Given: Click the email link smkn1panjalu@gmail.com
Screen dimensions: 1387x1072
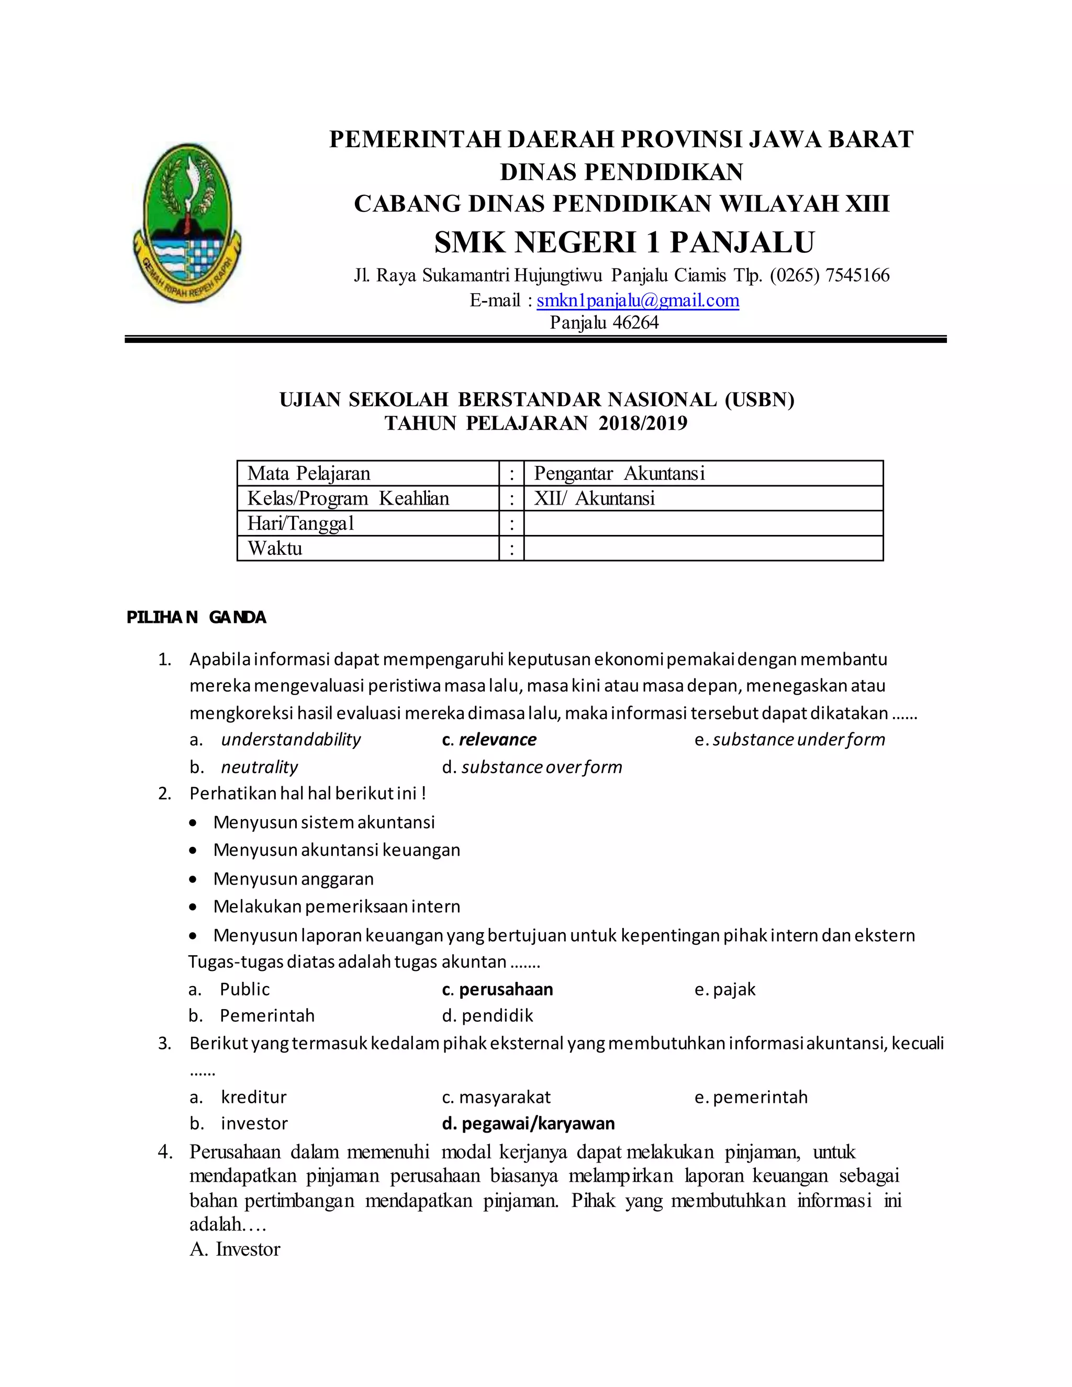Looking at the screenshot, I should pos(638,300).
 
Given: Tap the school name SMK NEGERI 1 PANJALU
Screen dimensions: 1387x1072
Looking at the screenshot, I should pos(624,242).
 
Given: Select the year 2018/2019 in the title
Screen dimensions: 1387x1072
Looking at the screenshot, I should pos(643,423).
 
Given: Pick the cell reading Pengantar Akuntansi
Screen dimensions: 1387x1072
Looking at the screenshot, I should pos(702,473).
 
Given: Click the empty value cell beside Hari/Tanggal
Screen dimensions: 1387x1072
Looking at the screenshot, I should pos(702,523).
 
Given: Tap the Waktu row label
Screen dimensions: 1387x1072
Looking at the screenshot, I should pos(275,548).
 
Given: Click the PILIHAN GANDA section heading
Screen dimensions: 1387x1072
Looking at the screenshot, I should pos(196,617).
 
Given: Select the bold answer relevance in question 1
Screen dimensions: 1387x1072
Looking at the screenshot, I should pos(497,739).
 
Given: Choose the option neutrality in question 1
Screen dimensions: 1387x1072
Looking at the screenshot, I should pos(259,767).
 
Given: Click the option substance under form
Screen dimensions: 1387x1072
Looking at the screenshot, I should pos(798,739).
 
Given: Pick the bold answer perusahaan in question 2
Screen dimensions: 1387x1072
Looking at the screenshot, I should pos(506,989).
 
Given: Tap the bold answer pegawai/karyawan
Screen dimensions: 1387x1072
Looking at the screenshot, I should pos(537,1123).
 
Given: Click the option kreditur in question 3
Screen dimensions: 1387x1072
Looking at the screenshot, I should pos(253,1097).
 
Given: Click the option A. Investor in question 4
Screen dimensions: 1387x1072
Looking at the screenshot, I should pos(235,1249).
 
